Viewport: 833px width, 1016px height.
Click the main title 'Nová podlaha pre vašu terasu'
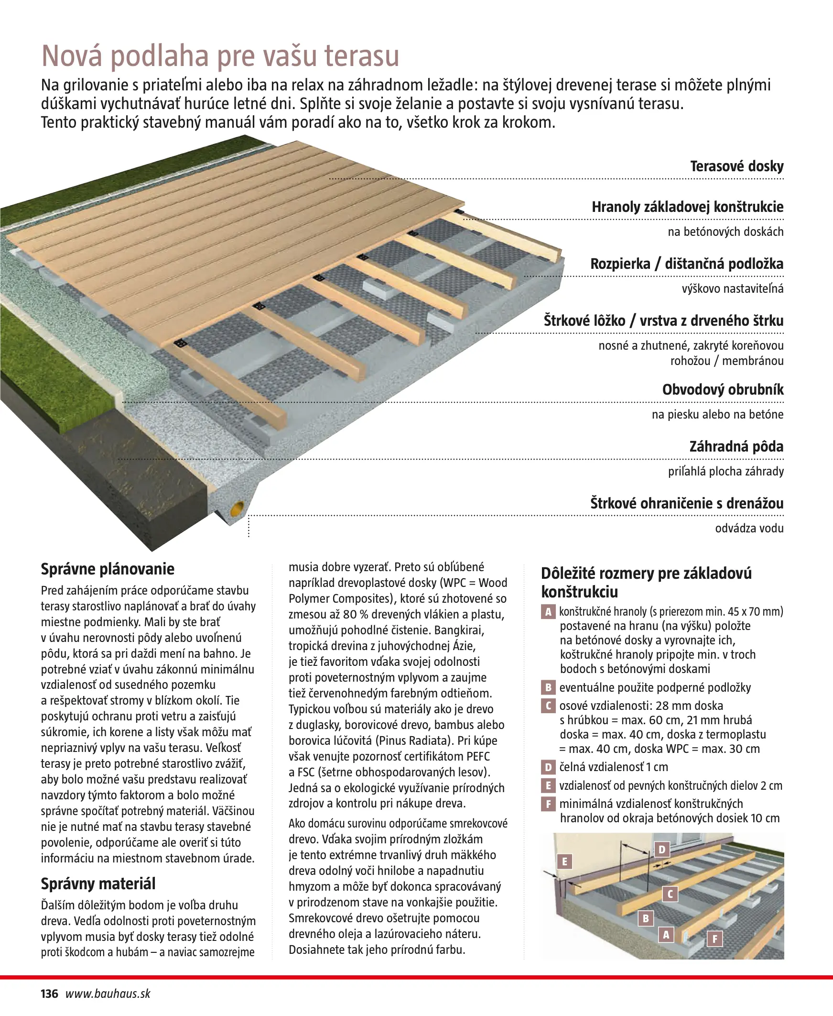[220, 56]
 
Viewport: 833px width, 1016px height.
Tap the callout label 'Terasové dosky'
[736, 166]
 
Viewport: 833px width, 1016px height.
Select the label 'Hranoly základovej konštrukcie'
[687, 207]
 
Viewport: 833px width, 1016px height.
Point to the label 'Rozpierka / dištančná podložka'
[687, 264]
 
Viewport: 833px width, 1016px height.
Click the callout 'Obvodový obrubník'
[723, 389]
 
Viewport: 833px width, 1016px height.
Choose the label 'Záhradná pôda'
[736, 447]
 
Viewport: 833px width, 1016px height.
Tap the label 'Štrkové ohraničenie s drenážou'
[687, 503]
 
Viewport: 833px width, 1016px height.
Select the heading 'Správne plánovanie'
[108, 569]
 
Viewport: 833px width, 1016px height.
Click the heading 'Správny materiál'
[98, 884]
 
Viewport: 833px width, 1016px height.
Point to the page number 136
[49, 994]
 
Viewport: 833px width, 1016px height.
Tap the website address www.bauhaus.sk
[108, 994]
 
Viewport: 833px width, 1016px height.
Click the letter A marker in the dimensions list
[548, 612]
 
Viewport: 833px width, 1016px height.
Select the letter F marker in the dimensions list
[548, 804]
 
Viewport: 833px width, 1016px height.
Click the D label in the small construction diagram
[662, 850]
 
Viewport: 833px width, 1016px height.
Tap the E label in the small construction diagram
[564, 861]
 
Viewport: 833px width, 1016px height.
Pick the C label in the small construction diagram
[671, 894]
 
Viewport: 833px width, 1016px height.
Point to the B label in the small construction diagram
[646, 918]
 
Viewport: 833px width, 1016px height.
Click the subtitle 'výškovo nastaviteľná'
[732, 289]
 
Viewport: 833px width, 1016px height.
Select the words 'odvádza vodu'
[749, 529]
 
